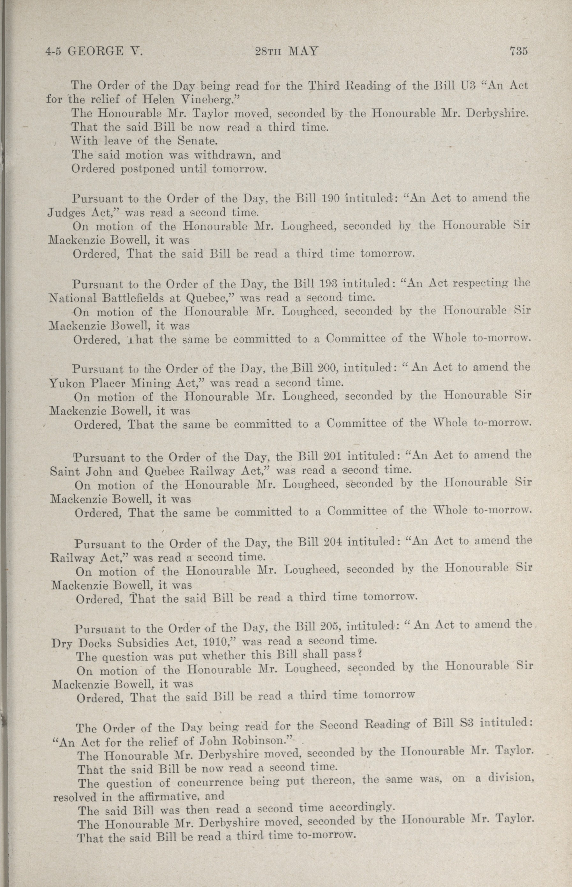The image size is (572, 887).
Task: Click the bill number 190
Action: click(329, 198)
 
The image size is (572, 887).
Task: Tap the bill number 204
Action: click(331, 541)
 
